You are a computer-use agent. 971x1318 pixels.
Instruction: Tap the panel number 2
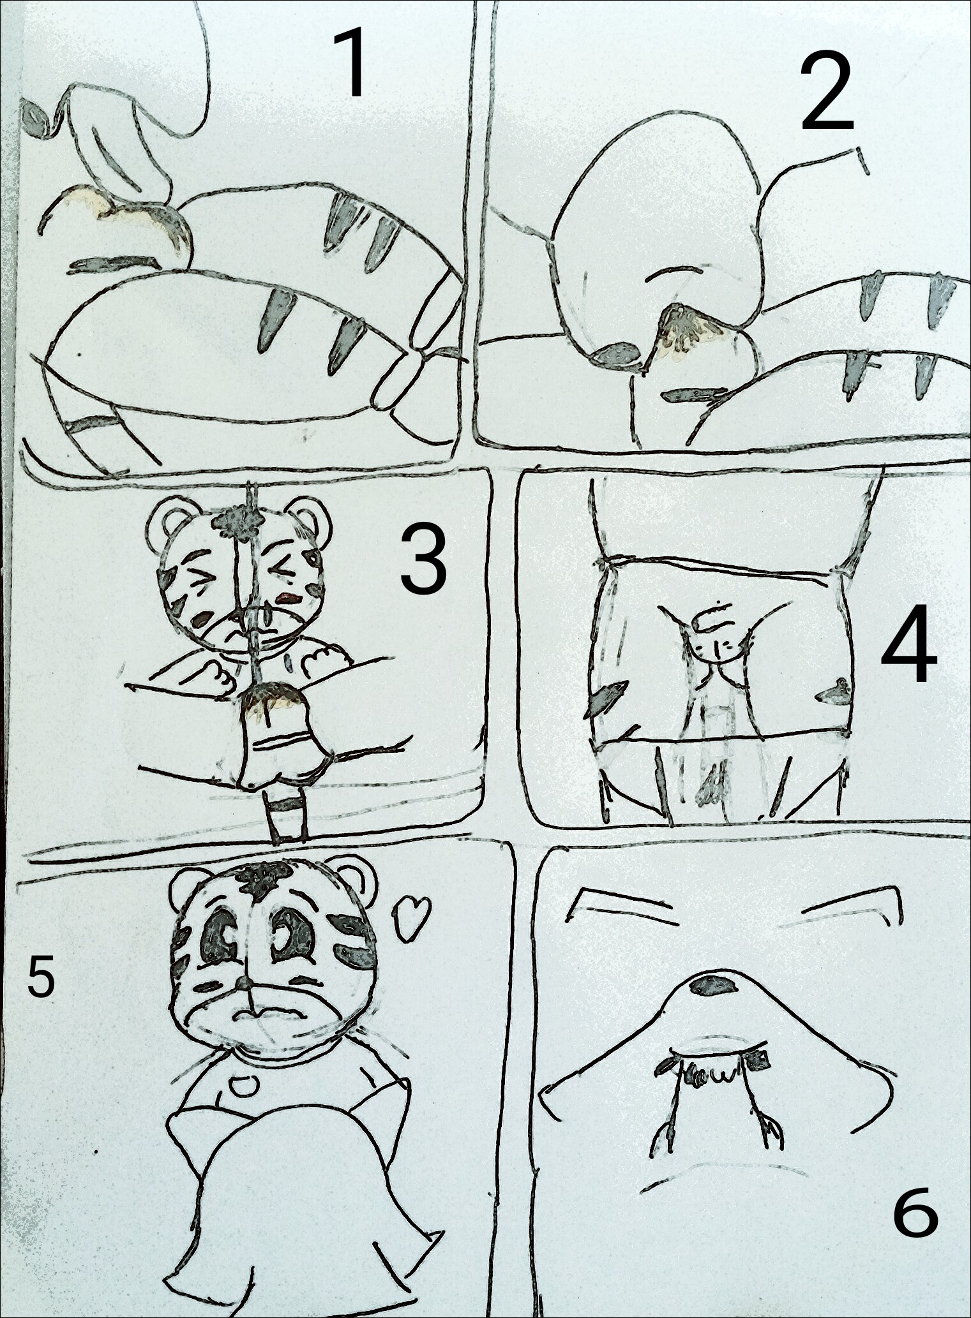click(827, 91)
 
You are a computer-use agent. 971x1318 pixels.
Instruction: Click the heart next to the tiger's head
click(411, 919)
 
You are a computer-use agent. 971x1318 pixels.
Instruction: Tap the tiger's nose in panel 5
click(244, 1001)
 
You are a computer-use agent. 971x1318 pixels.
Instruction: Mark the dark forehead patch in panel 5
click(262, 881)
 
